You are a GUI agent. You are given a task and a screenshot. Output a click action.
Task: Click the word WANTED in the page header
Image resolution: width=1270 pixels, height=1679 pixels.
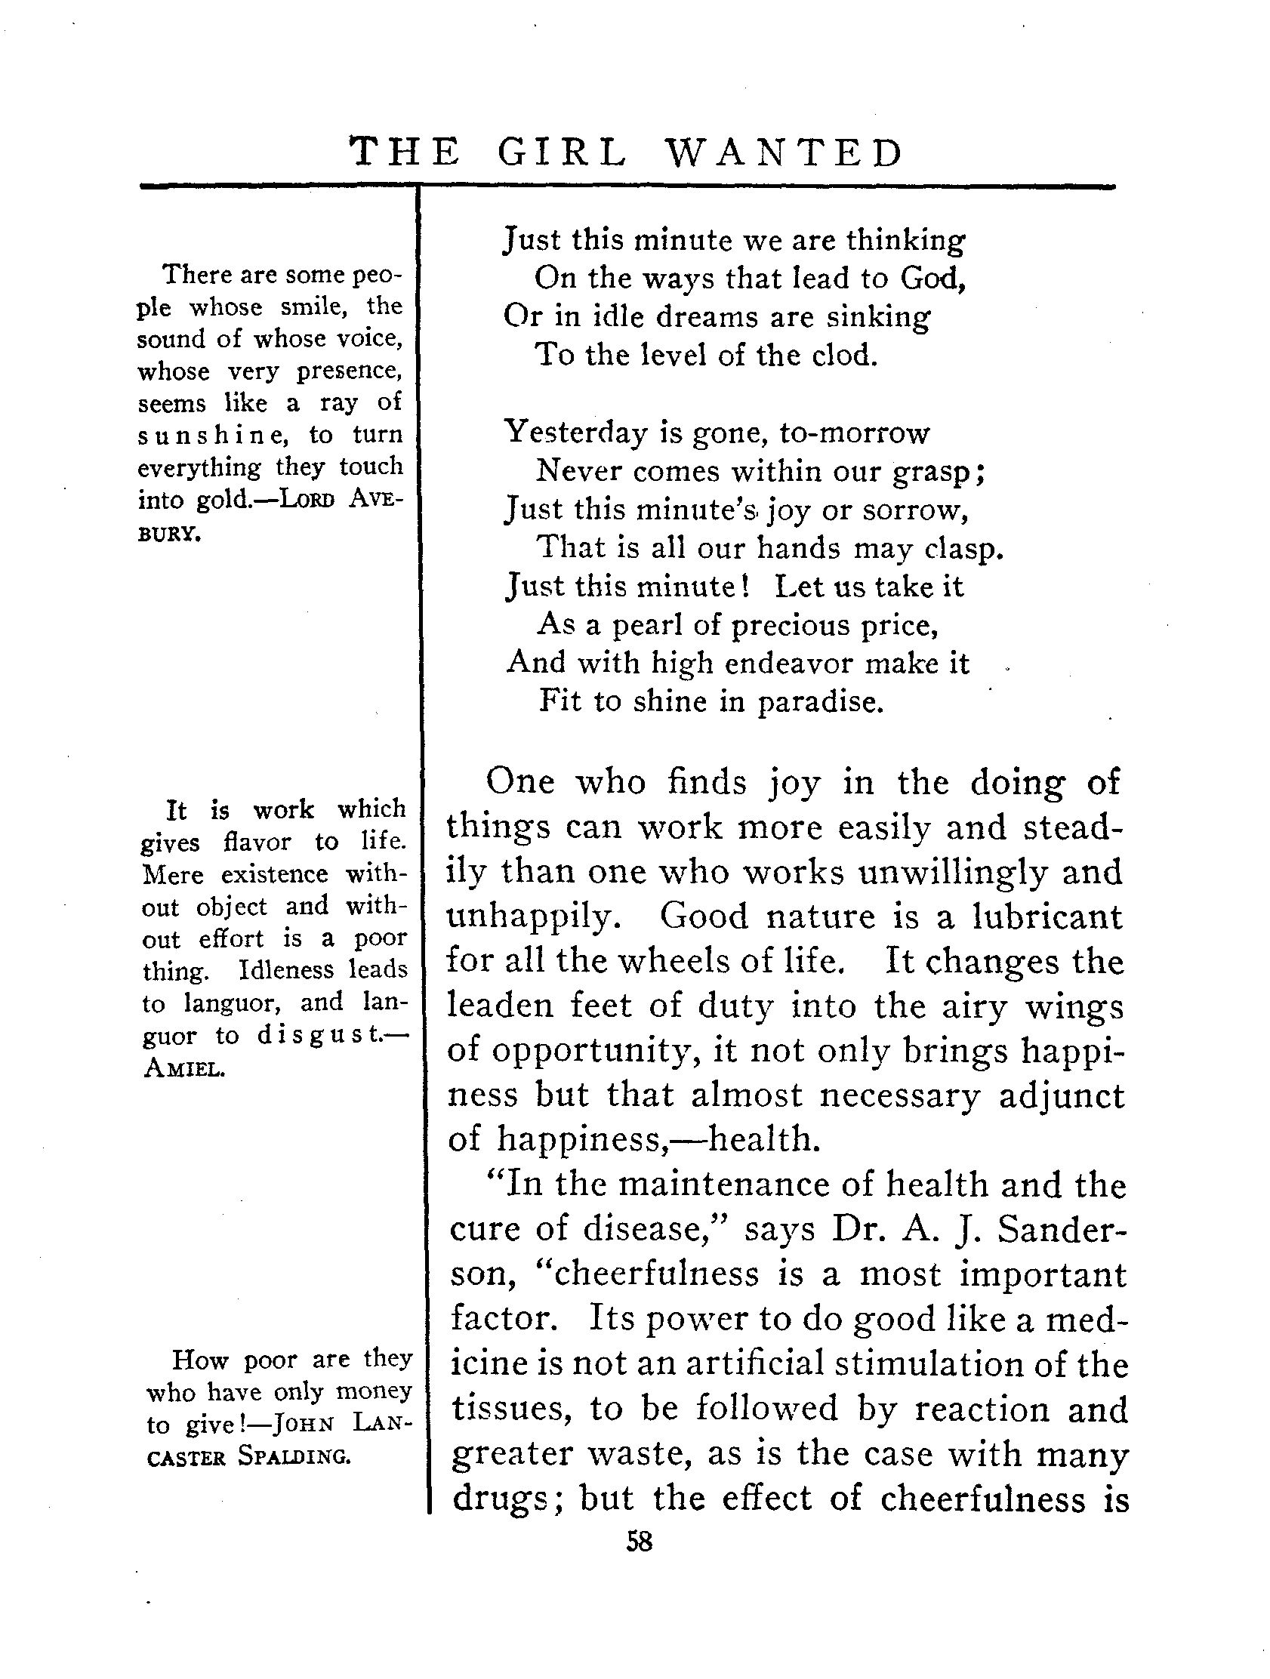(x=785, y=152)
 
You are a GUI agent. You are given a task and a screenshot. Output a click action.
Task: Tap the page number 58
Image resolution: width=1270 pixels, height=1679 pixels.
(x=640, y=1542)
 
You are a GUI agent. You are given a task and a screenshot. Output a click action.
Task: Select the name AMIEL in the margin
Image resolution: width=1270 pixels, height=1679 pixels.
(x=183, y=1070)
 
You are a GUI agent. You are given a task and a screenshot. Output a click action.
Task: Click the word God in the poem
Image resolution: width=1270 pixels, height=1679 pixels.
(x=932, y=279)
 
